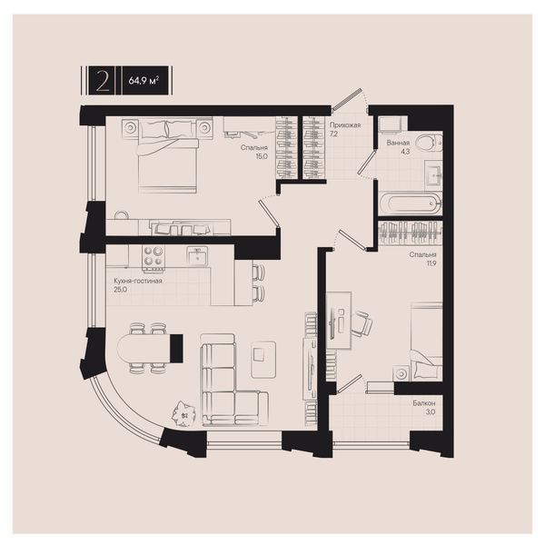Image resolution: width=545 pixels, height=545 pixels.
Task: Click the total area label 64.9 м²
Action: point(144,81)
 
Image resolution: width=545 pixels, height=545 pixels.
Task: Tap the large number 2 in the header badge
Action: point(103,81)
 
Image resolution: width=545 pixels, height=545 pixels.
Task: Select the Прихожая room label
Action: point(345,124)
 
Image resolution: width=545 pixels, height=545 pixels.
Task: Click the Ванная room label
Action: point(398,143)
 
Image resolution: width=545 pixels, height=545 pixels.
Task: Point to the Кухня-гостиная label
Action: point(138,281)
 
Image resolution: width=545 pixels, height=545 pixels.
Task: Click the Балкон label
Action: point(424,403)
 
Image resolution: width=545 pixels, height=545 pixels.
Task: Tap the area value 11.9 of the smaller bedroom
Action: point(431,263)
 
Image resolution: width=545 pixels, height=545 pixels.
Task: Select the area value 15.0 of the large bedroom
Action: point(262,156)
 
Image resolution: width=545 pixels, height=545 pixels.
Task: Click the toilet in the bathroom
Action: point(429,143)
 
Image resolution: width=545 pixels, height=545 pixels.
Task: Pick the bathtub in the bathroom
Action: point(410,203)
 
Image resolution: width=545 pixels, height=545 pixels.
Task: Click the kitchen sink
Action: point(197,255)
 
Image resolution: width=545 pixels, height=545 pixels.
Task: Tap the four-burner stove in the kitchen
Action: point(153,258)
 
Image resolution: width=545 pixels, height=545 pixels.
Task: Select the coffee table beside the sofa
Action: point(263,360)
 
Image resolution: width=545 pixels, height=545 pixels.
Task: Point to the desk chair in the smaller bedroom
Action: point(362,323)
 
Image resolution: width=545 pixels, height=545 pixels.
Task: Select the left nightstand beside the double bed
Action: point(130,128)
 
